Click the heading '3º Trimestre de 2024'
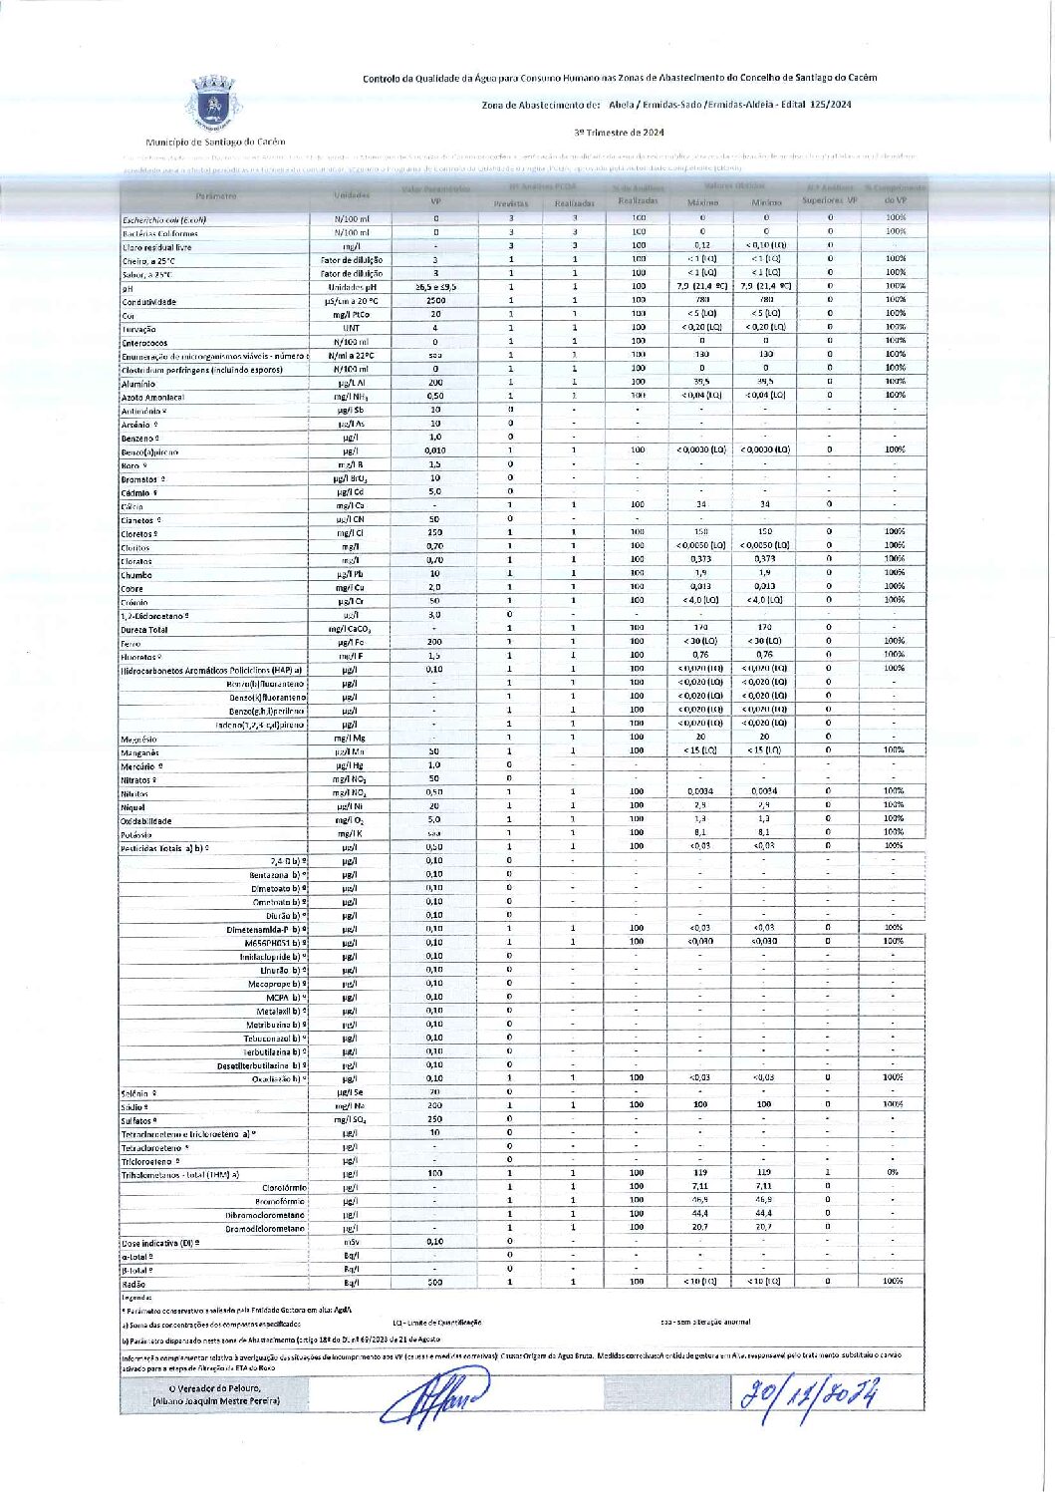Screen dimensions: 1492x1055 [x=618, y=132]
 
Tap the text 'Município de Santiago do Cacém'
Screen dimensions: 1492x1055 [x=214, y=143]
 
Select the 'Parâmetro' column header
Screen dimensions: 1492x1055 [x=216, y=195]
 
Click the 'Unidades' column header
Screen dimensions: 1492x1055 [x=352, y=195]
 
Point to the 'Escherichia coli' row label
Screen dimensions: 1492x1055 [x=164, y=219]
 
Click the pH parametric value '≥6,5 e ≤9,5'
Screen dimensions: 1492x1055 [x=435, y=287]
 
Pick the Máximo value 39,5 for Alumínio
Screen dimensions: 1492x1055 [x=701, y=382]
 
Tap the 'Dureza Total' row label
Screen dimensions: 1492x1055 [x=145, y=630]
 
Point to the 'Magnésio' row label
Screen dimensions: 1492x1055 [x=139, y=740]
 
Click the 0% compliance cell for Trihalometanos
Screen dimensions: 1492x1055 [x=893, y=1173]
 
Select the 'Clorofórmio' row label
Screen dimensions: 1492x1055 [x=284, y=1188]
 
